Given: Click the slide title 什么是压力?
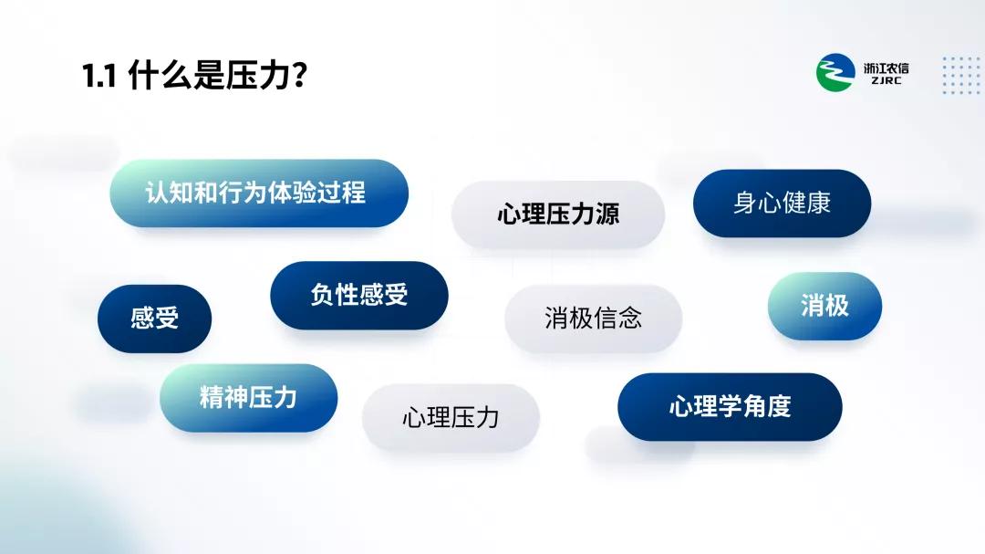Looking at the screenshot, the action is [x=217, y=75].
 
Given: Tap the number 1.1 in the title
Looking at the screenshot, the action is [x=99, y=76].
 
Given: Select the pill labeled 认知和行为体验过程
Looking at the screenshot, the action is [x=259, y=193].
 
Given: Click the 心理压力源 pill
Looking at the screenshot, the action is [x=558, y=214].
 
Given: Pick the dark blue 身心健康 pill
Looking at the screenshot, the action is [x=783, y=204].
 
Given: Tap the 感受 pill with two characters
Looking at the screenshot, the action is [x=154, y=319].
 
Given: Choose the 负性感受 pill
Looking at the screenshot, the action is [x=359, y=295].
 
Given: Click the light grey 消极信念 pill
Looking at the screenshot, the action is [x=593, y=319].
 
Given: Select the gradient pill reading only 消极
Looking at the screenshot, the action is [x=824, y=307].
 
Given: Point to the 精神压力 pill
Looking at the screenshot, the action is [x=249, y=397].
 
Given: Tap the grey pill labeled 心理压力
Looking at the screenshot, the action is [x=451, y=417].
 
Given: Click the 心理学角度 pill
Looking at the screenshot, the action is [x=730, y=407].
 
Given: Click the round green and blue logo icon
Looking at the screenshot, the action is [x=835, y=72].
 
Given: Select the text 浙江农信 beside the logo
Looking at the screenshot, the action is [x=886, y=68].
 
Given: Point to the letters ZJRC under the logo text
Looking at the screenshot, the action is [x=886, y=81].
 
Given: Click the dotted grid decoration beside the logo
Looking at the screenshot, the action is [x=961, y=76].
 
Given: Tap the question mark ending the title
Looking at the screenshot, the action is [x=300, y=75].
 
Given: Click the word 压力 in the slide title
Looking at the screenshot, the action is [x=257, y=75].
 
